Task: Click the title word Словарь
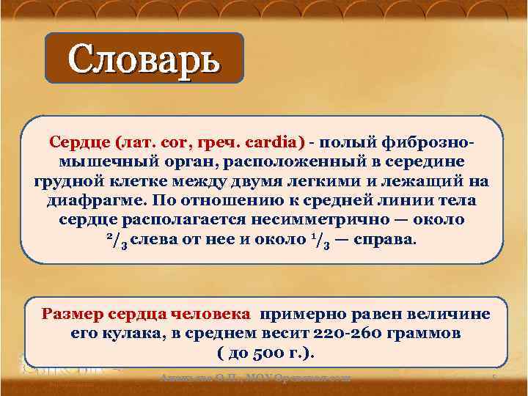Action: [x=144, y=59]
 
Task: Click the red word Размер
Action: [x=72, y=314]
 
